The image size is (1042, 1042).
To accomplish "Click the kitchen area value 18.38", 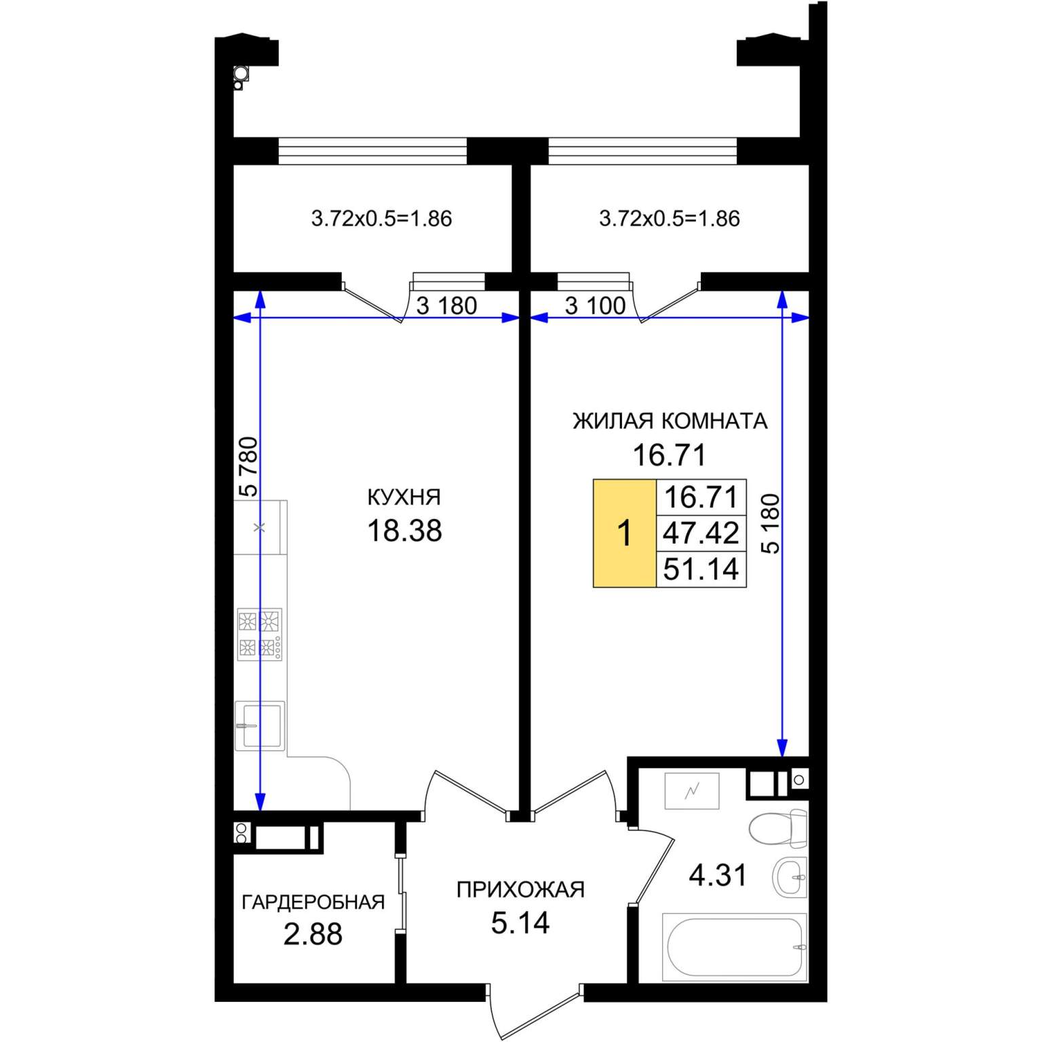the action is pos(404,530).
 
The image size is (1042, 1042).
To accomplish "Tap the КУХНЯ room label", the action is pos(404,497).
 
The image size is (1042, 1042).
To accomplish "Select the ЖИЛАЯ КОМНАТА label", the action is pos(670,421).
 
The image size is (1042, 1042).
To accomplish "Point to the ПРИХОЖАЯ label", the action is pos(520,889).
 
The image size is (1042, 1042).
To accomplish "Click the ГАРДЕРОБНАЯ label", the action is pos(313,902).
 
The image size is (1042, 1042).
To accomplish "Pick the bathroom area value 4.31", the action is pos(718,875).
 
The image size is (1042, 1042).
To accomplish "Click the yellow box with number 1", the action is pos(625,533).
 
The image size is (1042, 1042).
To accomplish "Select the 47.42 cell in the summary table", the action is pos(701,533).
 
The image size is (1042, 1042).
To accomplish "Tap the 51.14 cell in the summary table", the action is pos(701,568).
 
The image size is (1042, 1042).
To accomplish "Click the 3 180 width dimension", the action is pos(446,306).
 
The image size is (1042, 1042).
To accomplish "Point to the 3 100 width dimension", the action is pos(596,306).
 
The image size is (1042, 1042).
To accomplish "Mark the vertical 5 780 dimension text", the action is pos(248,467).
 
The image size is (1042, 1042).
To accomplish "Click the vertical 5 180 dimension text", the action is pos(771,523).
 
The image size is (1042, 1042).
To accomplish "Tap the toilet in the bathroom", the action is pos(779,828).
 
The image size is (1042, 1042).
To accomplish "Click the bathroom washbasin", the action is pos(790,877).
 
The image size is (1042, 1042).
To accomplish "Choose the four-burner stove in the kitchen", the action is pos(259,634).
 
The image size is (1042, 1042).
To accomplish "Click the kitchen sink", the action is pos(259,726).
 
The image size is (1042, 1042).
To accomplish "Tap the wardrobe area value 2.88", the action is pos(313,934).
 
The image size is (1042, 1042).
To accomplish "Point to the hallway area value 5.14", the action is pos(520,923).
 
